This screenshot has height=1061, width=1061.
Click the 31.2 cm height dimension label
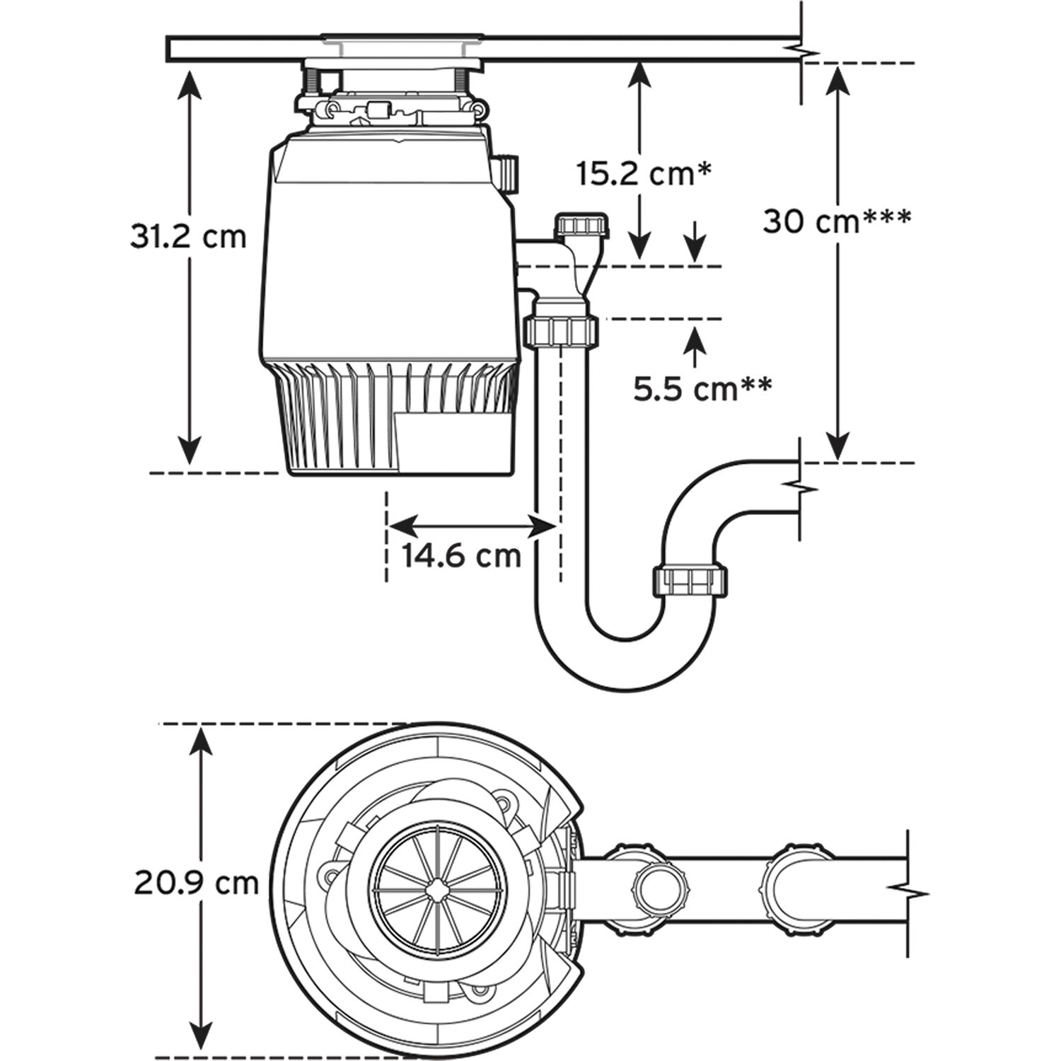(x=189, y=237)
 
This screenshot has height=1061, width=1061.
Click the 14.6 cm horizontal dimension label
(x=462, y=555)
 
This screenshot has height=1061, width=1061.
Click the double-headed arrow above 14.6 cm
(x=472, y=525)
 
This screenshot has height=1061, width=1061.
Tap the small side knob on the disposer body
(x=508, y=173)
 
